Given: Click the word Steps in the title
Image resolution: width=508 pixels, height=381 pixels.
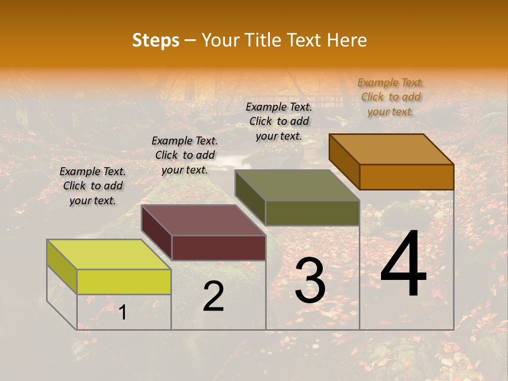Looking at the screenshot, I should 156,40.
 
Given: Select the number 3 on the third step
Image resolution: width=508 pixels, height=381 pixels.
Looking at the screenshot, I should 310,280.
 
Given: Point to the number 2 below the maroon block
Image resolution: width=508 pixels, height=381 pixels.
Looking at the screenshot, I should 213,296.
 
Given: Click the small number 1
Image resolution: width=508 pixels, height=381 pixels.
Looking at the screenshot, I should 122,312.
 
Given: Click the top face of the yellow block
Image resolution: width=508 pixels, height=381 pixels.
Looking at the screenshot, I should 108,254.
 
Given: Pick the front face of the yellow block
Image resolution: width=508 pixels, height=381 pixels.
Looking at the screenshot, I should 124,282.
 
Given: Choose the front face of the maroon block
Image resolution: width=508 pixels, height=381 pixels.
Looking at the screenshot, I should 219,248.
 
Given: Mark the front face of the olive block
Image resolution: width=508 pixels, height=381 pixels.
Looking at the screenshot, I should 312,213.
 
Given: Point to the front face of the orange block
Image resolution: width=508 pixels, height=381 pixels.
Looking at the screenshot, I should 406,177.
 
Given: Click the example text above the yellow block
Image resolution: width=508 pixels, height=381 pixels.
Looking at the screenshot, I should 93,186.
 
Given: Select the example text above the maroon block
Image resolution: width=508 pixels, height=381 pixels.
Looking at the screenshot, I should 185,155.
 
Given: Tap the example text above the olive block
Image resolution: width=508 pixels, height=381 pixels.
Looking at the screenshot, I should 279,121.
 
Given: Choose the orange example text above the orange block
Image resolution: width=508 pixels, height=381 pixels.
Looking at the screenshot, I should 391,97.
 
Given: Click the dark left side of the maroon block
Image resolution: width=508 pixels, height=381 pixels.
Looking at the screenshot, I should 156,233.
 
